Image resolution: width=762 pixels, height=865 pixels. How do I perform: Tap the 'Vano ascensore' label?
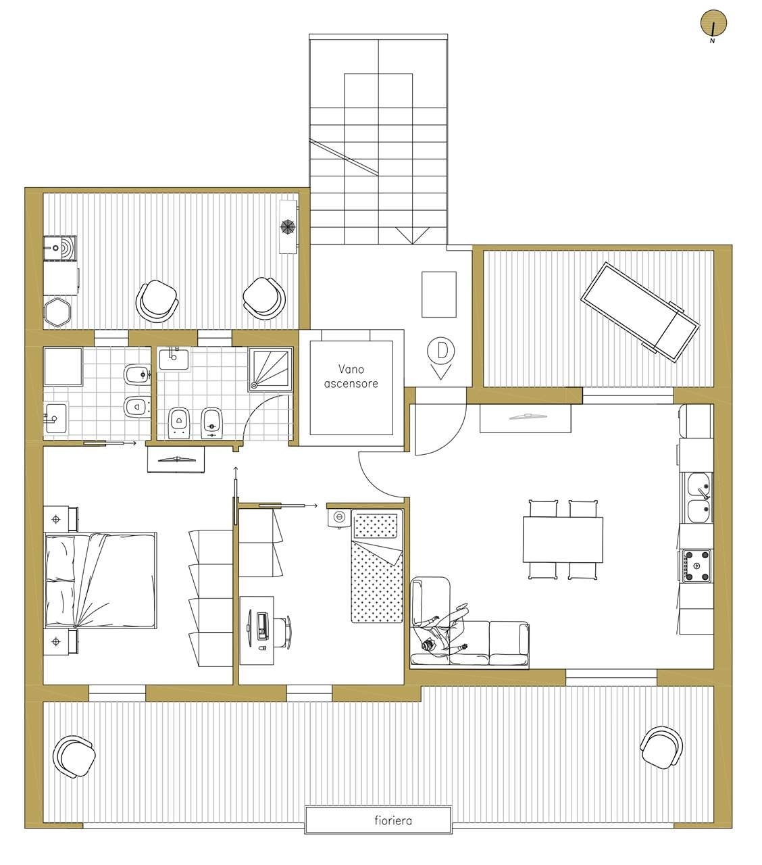[351, 376]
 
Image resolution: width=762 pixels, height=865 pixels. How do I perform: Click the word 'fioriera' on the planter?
[393, 820]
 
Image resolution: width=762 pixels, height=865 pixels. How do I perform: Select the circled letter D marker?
[441, 350]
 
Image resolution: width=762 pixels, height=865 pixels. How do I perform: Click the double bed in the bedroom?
[101, 580]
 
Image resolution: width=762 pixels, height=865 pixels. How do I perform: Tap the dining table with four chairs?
[563, 539]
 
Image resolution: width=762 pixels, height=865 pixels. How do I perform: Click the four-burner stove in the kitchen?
[696, 566]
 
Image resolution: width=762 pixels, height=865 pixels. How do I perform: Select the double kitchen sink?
[698, 497]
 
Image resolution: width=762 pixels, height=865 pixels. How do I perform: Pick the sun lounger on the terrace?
[640, 312]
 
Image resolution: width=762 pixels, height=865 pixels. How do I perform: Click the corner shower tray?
[271, 369]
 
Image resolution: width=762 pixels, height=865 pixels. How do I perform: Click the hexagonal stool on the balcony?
[57, 312]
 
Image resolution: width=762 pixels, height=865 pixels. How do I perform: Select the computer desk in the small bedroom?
[257, 631]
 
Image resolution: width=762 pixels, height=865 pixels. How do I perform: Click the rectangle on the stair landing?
[439, 295]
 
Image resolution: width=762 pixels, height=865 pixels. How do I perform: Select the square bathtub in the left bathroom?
[63, 367]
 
